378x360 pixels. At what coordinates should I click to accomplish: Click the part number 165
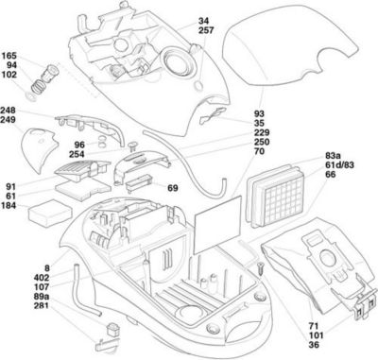tap(9, 56)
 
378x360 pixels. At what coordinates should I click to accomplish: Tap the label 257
tap(206, 30)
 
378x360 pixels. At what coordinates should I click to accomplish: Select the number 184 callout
tap(9, 206)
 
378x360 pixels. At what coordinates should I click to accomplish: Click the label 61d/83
tap(339, 165)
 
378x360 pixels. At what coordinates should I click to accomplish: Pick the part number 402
tap(42, 278)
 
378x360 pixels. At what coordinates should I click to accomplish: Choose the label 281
tap(42, 305)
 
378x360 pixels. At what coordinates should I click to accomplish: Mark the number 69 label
tap(173, 188)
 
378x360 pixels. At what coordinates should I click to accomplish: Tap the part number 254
tap(77, 154)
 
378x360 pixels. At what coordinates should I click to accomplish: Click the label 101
tap(316, 335)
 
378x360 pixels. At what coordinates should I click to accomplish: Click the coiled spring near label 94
tap(39, 85)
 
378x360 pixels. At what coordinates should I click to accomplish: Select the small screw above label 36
tap(261, 269)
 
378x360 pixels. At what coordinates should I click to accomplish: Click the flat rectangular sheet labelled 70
tap(218, 225)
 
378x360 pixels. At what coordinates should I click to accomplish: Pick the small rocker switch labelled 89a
tap(113, 329)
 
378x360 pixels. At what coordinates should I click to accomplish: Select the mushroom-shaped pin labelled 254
tap(133, 146)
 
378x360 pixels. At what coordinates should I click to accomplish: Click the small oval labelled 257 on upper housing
tap(199, 85)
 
